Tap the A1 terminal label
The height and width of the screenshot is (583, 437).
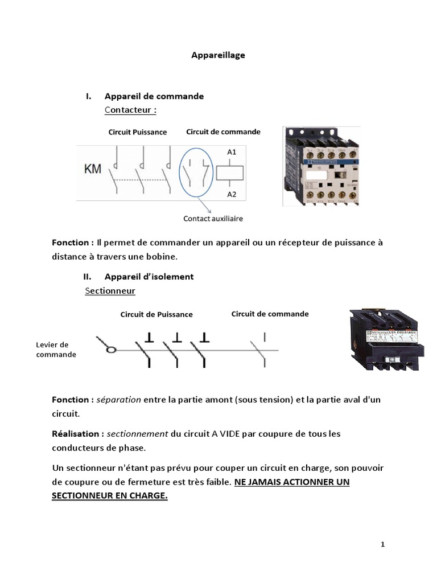[x=232, y=152]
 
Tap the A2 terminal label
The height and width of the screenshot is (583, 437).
[x=232, y=194]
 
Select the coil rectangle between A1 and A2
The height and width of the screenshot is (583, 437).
[x=232, y=172]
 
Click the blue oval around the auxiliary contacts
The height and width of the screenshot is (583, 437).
[x=181, y=169]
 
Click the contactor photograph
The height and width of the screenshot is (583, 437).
[x=321, y=166]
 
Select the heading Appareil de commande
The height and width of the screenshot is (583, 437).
[x=154, y=96]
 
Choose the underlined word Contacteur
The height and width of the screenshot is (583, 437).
[x=130, y=109]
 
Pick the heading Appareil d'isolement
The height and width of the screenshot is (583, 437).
[x=149, y=277]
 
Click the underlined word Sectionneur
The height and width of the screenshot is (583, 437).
[x=110, y=291]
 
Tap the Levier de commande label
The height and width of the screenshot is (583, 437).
[x=55, y=350]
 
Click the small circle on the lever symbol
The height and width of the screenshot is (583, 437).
[x=112, y=350]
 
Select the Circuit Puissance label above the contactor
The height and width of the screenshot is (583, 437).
[x=138, y=132]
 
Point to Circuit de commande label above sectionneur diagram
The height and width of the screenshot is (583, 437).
[x=270, y=314]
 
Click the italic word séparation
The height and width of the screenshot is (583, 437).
[x=119, y=400]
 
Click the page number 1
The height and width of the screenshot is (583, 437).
[x=383, y=544]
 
